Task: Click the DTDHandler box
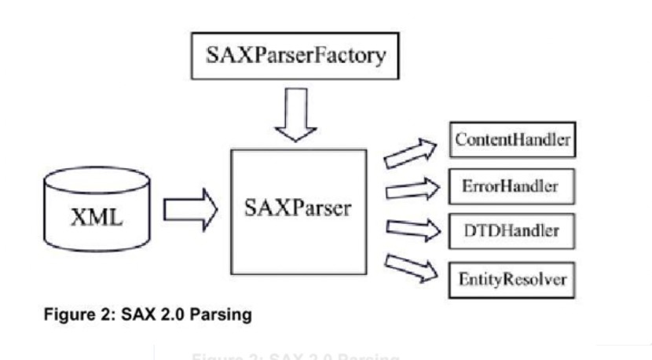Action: (511, 231)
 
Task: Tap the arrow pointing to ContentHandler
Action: (410, 152)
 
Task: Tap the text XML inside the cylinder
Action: (97, 218)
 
